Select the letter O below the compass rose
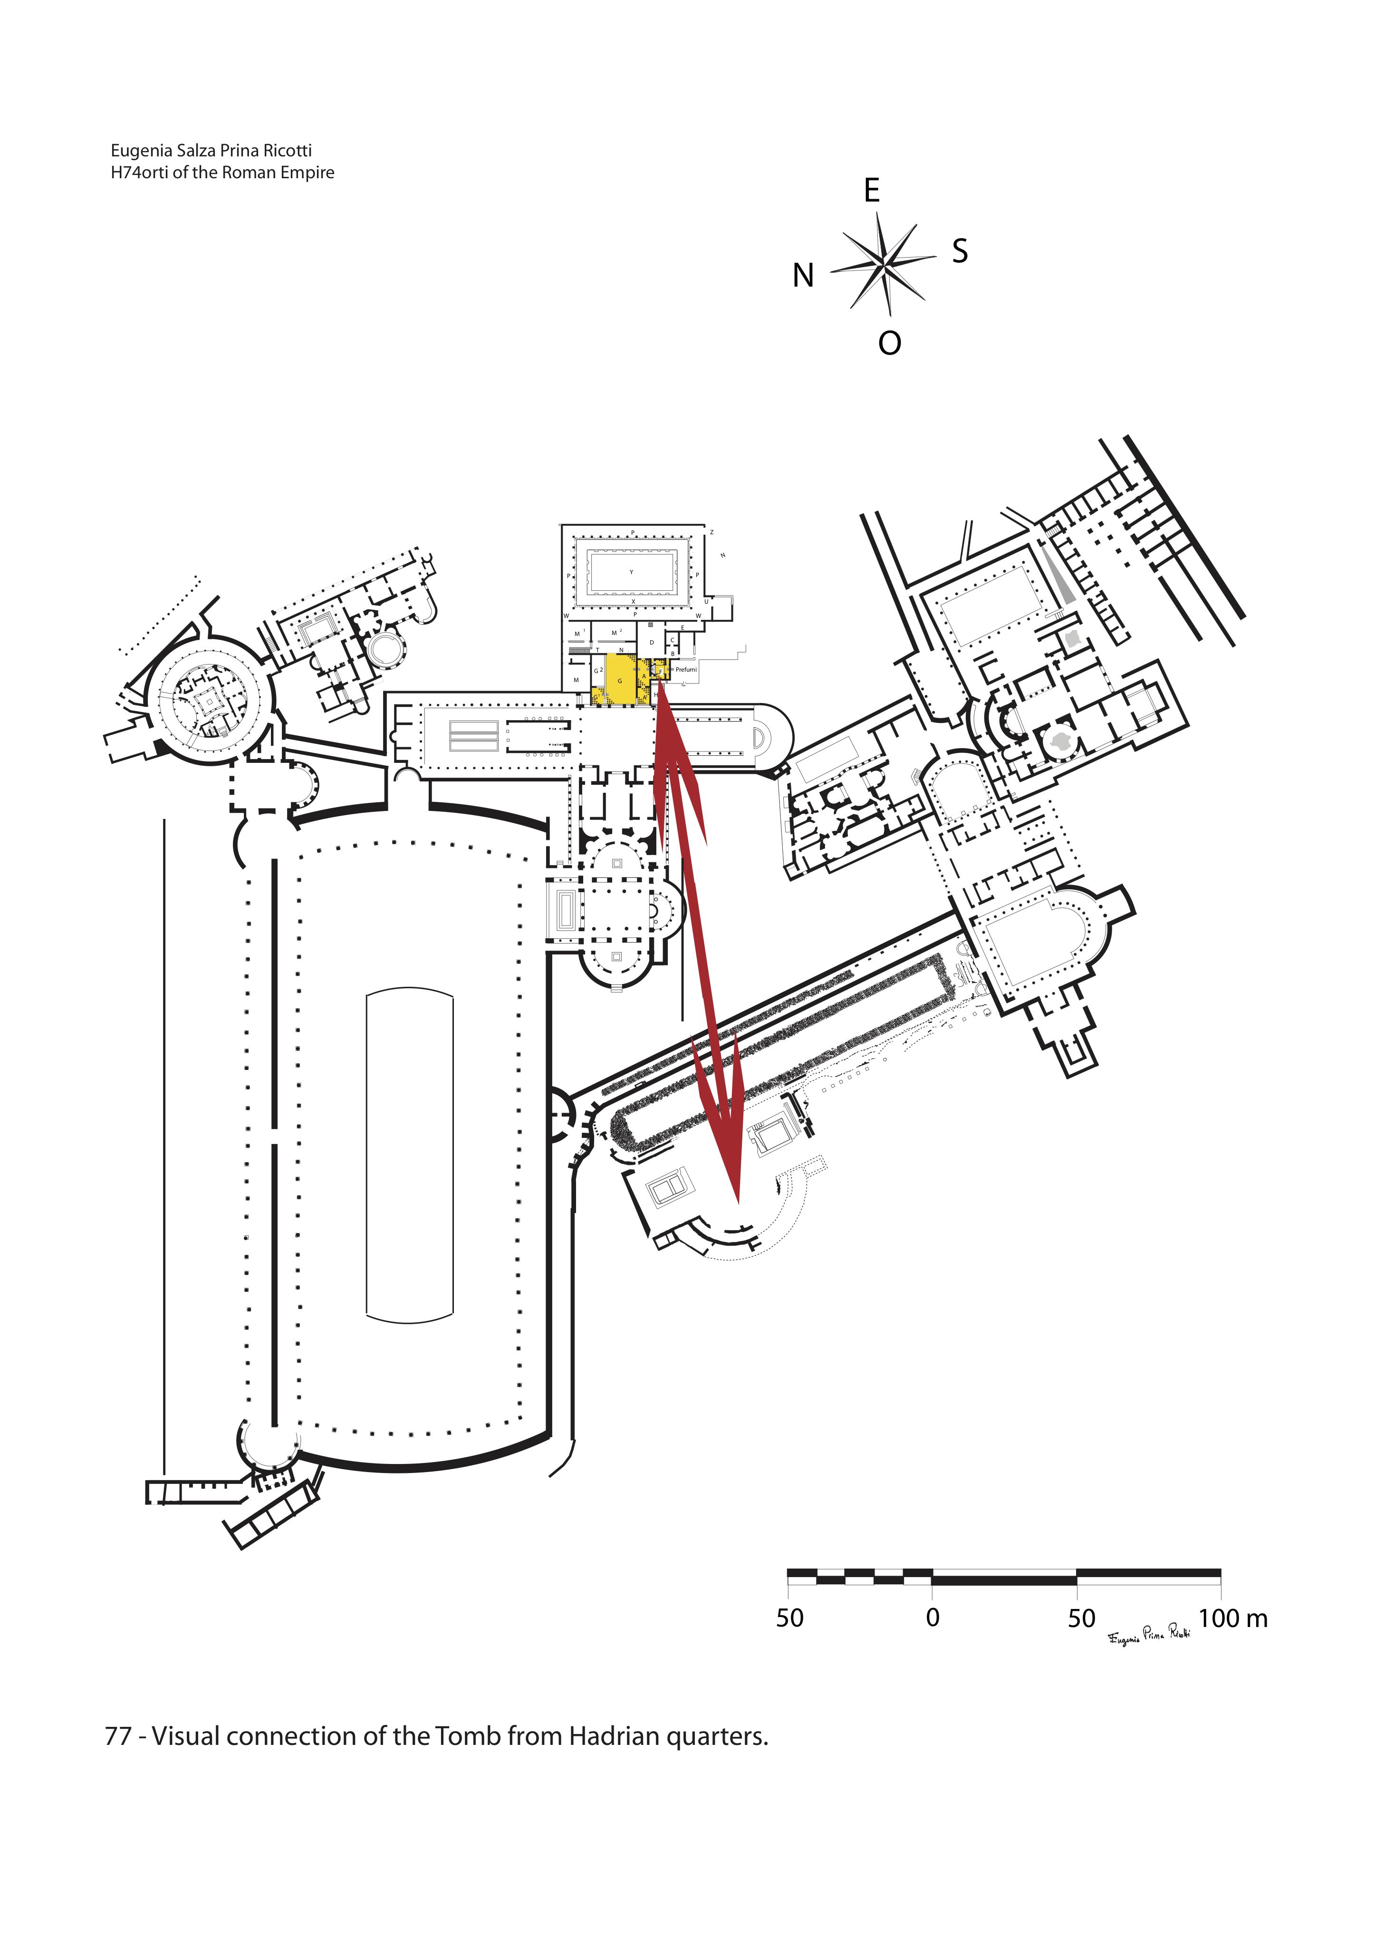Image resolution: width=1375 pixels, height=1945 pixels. (890, 343)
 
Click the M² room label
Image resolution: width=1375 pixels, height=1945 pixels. (616, 633)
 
